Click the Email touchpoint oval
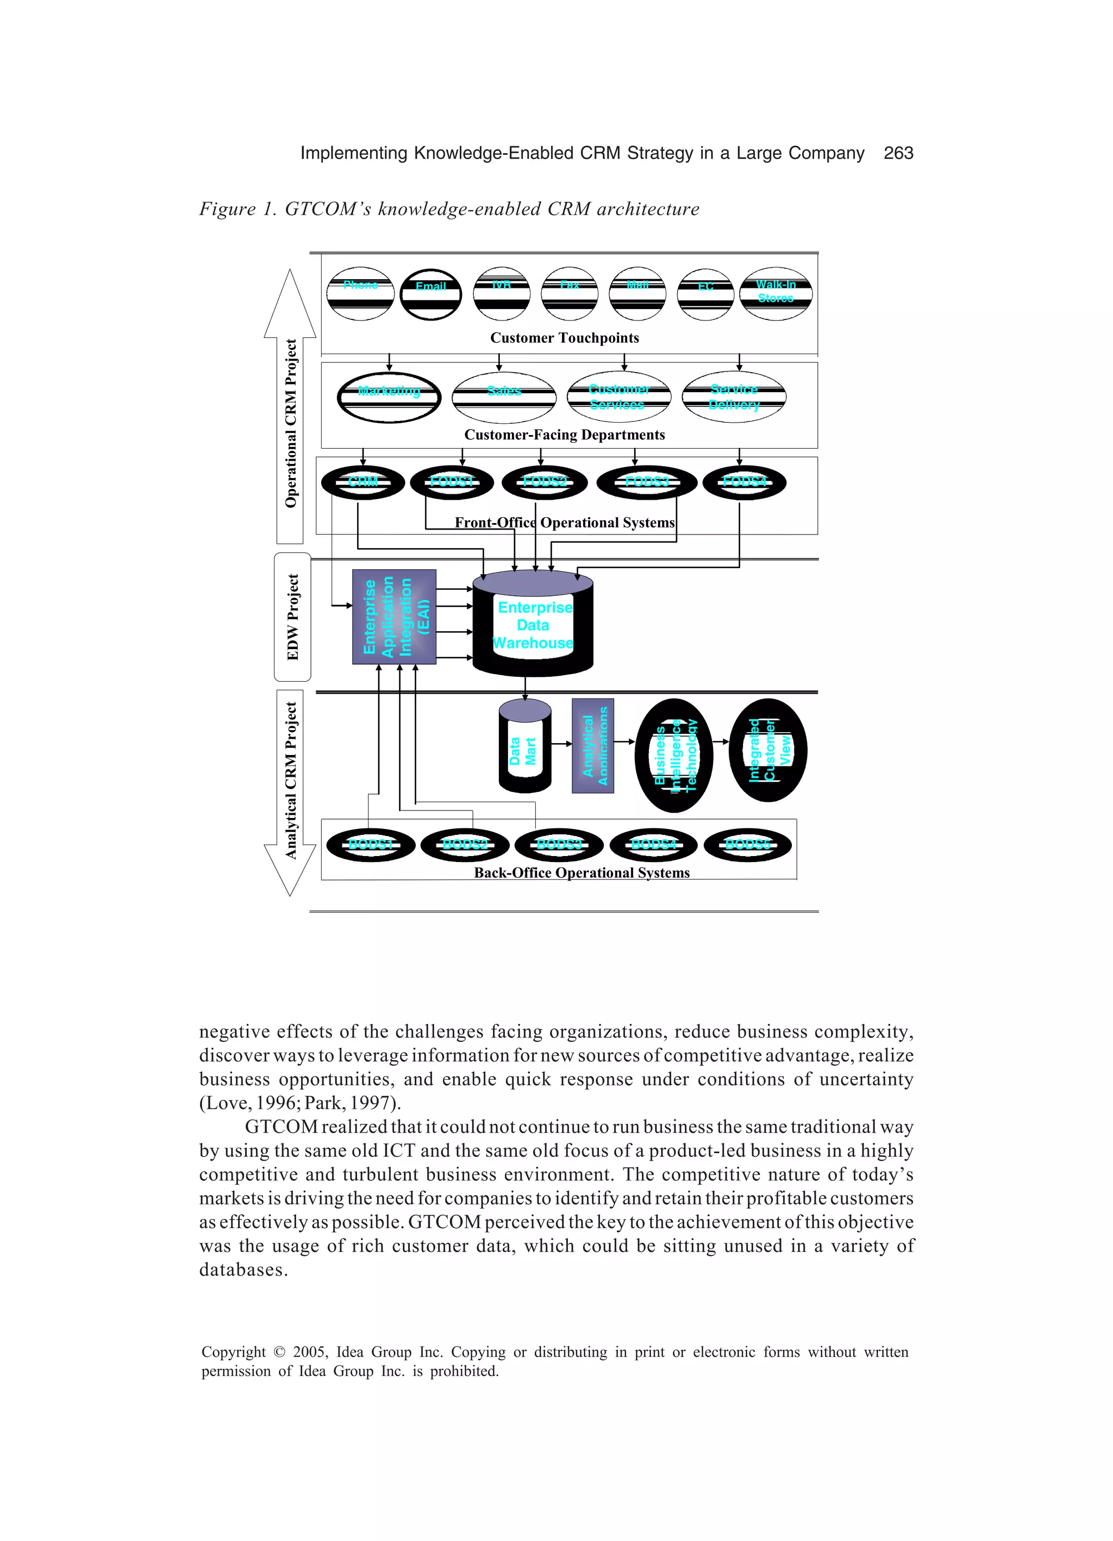coord(430,293)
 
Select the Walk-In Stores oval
coord(775,293)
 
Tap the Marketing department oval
coord(389,397)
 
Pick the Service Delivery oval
coord(734,397)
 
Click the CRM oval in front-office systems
coord(363,482)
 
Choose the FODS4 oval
coord(745,482)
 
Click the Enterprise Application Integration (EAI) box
coord(395,617)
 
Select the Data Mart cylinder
coord(524,747)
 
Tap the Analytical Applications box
coord(593,745)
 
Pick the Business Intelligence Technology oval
coord(674,755)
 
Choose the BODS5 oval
coord(747,845)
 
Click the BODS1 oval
coord(371,845)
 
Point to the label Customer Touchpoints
coord(564,338)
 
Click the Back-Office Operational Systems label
coord(581,872)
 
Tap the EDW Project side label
coord(293,617)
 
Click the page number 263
coord(898,153)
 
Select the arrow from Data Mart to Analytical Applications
coord(561,743)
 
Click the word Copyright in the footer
coord(233,1352)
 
